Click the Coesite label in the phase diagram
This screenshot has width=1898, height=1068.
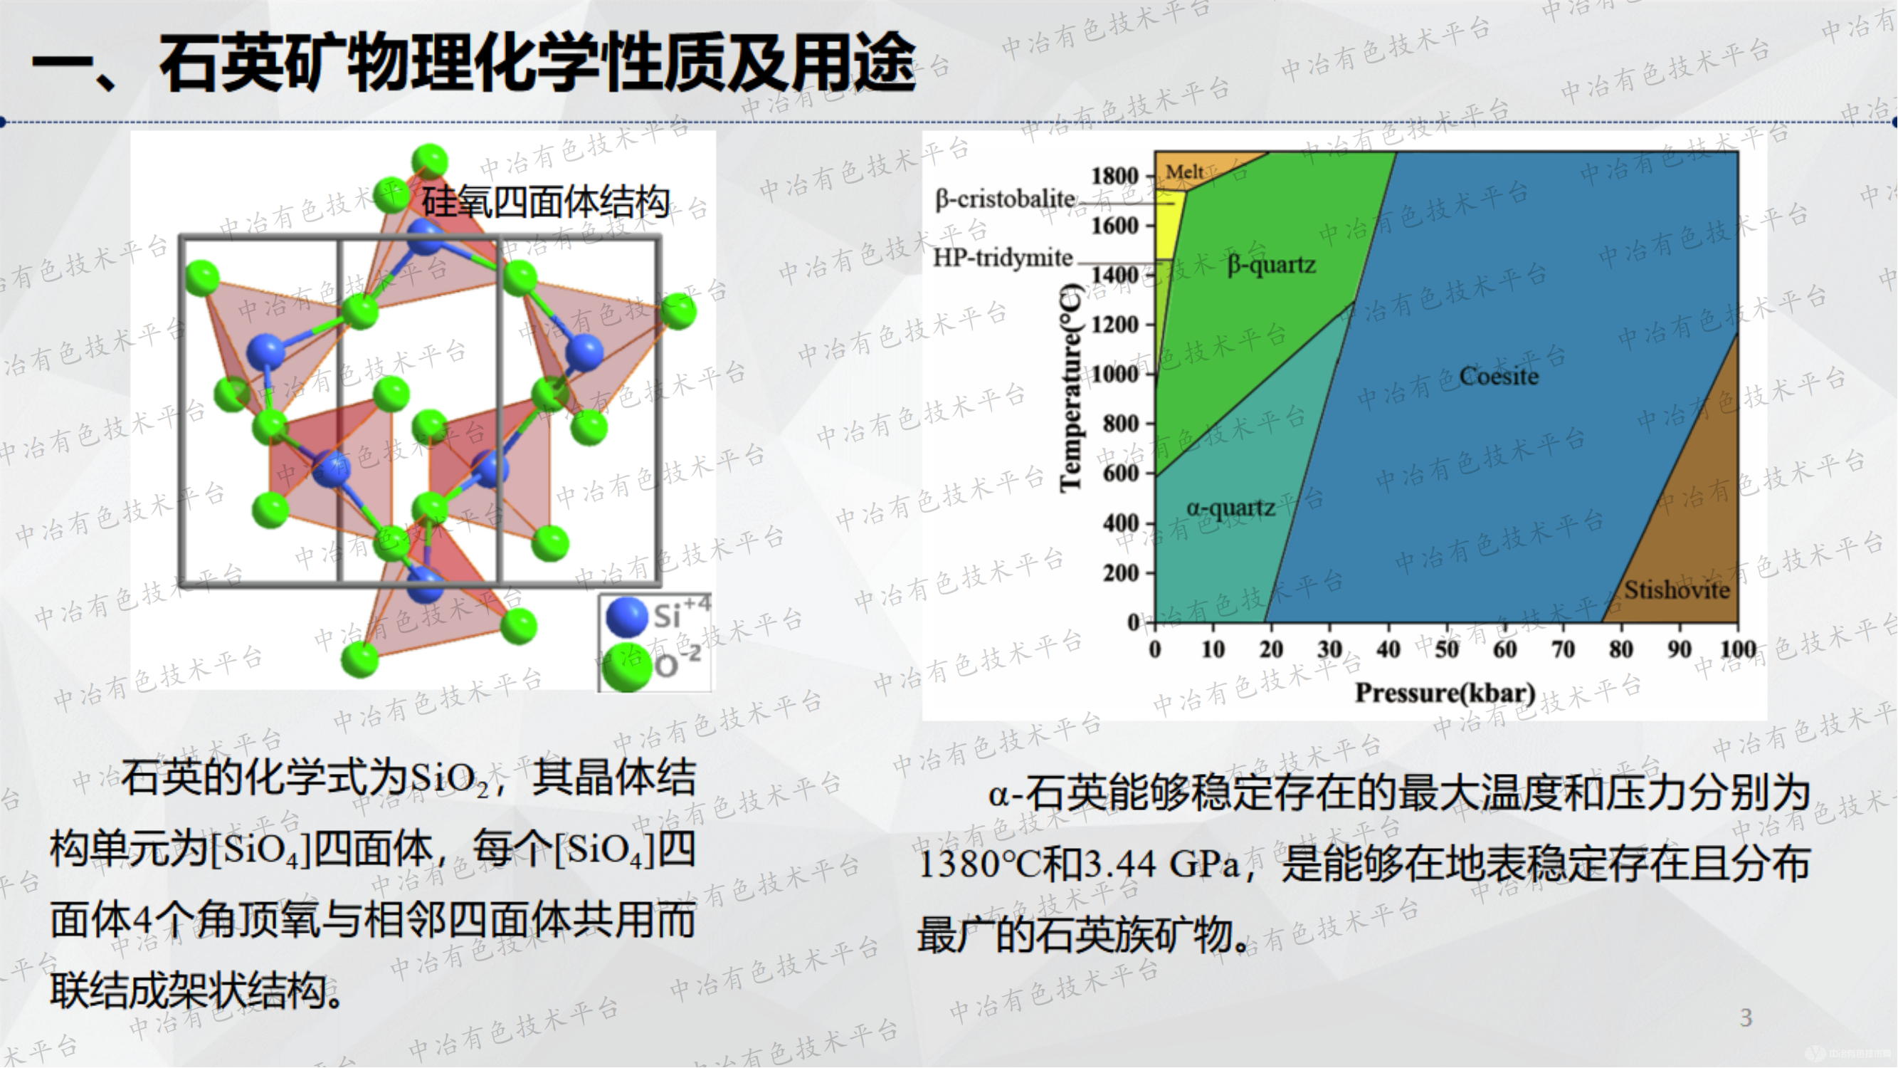pos(1499,376)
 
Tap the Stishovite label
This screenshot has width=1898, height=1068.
pos(1677,590)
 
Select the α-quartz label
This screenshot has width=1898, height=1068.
pos(1230,508)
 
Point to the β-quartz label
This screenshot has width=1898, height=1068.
pos(1272,264)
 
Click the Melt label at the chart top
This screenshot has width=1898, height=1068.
pos(1185,172)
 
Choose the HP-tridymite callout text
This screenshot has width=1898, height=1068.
pos(1003,258)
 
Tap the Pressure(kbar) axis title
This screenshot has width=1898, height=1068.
pos(1445,693)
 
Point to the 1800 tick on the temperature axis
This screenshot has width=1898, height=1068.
pos(1114,176)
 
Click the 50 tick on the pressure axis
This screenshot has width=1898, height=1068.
pos(1446,649)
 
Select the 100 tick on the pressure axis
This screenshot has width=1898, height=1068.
pos(1737,649)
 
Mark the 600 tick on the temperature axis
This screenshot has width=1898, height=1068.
pos(1121,473)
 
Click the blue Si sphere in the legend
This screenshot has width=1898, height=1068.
pos(626,617)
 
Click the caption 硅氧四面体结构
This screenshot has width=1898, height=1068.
pos(546,201)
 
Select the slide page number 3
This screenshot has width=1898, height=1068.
pos(1746,1018)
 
